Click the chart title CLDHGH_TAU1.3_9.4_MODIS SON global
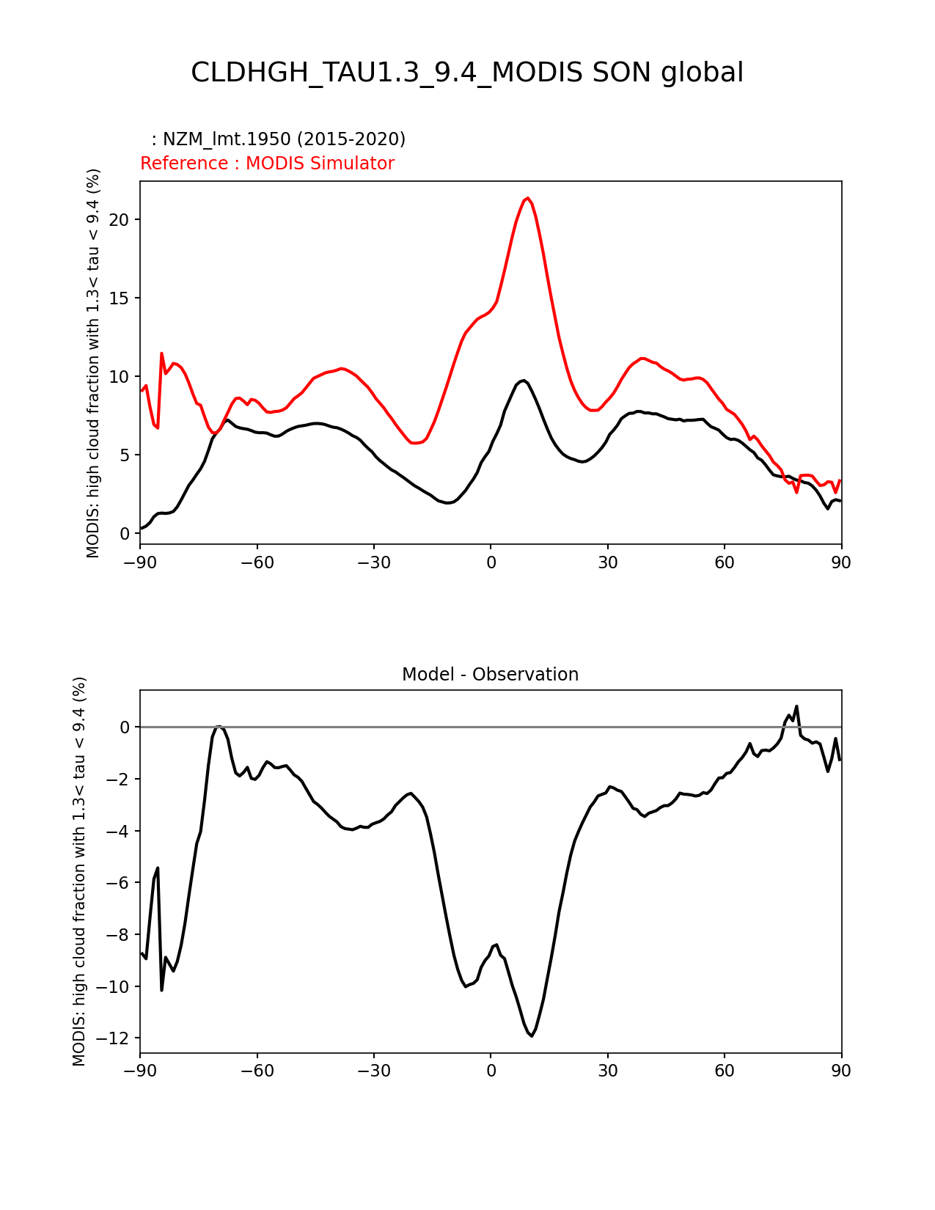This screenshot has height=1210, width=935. [467, 73]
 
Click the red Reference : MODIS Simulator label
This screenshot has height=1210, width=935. [267, 164]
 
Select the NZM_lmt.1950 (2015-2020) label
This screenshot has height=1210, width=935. [279, 139]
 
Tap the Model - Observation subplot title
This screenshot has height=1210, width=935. [490, 675]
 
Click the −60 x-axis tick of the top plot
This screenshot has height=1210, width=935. [257, 562]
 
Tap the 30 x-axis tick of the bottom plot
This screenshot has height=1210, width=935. [607, 1071]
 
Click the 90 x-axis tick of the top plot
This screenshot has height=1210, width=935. [841, 562]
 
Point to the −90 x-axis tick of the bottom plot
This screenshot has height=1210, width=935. [140, 1071]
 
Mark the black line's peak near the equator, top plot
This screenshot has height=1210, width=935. [523, 380]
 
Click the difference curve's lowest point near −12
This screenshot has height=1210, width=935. [532, 1035]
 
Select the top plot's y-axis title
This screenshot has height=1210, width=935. [93, 363]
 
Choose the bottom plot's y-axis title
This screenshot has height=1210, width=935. [79, 871]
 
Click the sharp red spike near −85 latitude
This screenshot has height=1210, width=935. [162, 353]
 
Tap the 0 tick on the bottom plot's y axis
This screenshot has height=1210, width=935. [125, 727]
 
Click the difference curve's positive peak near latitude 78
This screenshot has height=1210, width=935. [796, 706]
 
